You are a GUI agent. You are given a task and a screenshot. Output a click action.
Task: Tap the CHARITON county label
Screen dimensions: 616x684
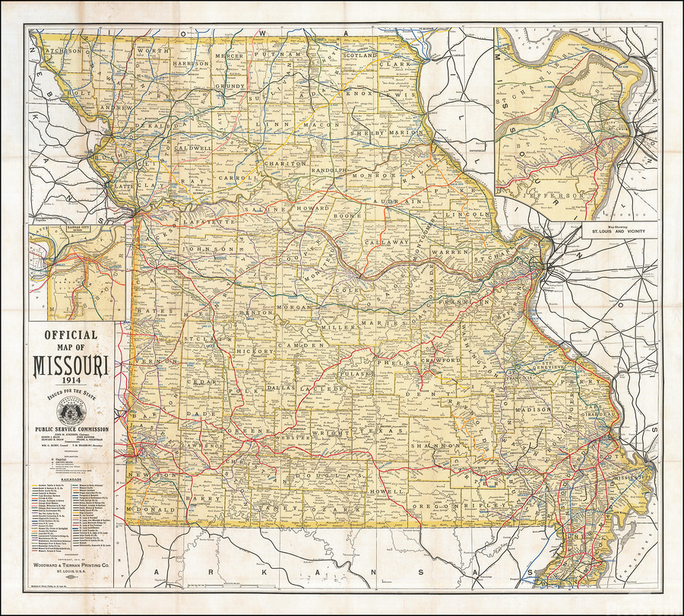click(x=285, y=164)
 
